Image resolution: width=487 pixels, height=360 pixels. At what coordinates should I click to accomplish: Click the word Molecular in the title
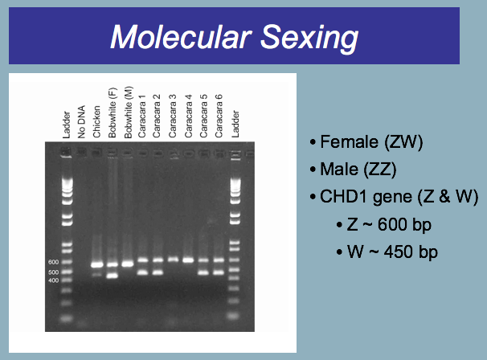(181, 37)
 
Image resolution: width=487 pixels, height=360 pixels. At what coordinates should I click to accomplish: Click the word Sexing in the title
(309, 39)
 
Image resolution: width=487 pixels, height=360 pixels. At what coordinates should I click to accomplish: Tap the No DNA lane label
(81, 122)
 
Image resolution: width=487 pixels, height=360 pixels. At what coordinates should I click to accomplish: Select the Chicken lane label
(96, 121)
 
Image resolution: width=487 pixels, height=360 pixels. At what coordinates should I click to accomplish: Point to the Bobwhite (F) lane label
(113, 112)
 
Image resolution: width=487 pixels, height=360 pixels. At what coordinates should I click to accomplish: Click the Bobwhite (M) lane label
(128, 112)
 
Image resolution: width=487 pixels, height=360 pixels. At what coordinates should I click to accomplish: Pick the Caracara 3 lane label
(172, 116)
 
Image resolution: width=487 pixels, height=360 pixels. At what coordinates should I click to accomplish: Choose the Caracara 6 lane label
(219, 116)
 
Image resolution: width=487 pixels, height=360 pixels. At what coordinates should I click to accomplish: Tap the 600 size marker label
(53, 262)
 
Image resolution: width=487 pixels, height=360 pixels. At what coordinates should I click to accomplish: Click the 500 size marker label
(53, 272)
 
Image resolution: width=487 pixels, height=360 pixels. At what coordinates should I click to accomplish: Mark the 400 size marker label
(53, 280)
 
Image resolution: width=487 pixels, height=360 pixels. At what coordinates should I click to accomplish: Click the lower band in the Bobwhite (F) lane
(113, 276)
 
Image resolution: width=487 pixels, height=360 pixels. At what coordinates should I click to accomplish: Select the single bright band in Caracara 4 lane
(188, 260)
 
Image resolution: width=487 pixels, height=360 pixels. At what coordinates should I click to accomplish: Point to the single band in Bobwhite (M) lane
(127, 264)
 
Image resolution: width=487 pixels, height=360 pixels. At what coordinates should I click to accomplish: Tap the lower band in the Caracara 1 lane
(142, 272)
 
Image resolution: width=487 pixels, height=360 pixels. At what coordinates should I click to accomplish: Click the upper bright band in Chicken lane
(97, 265)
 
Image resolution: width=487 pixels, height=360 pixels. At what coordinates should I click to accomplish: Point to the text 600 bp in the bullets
(404, 224)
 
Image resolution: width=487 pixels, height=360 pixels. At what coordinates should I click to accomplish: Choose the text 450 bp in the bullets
(411, 252)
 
